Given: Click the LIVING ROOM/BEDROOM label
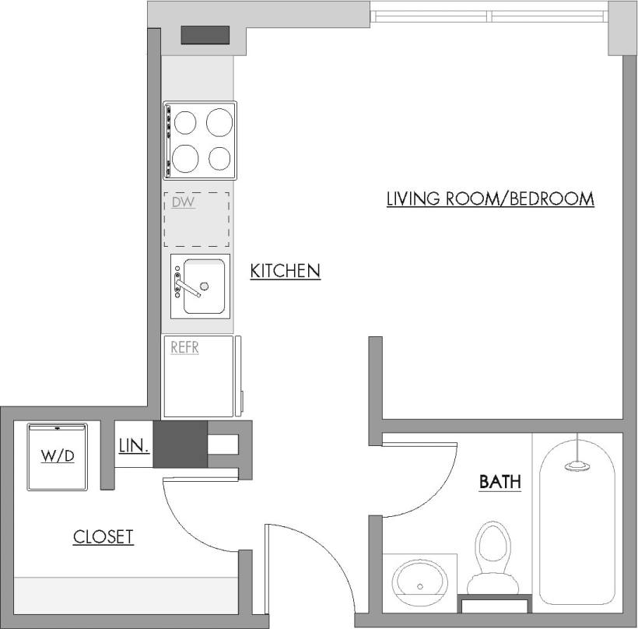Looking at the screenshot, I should click(x=490, y=199).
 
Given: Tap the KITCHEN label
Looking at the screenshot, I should click(x=285, y=271).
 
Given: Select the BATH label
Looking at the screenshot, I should click(x=500, y=482).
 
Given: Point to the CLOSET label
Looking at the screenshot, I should click(x=103, y=536).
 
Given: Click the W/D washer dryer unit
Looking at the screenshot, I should click(x=58, y=456).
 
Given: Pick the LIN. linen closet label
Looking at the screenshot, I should click(x=133, y=447).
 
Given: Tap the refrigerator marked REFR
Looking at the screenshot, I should click(x=198, y=377).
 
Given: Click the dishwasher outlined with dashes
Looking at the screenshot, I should click(x=196, y=217).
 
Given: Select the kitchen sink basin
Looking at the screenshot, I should click(x=204, y=286).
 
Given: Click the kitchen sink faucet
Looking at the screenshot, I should click(x=189, y=285).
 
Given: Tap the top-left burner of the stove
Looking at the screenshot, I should click(x=185, y=123).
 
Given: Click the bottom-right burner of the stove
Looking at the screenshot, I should click(x=220, y=159).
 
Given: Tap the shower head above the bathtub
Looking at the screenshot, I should click(x=577, y=466).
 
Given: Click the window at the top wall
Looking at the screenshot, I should click(x=489, y=15).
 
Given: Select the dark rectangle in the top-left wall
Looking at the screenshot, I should click(x=205, y=35).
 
